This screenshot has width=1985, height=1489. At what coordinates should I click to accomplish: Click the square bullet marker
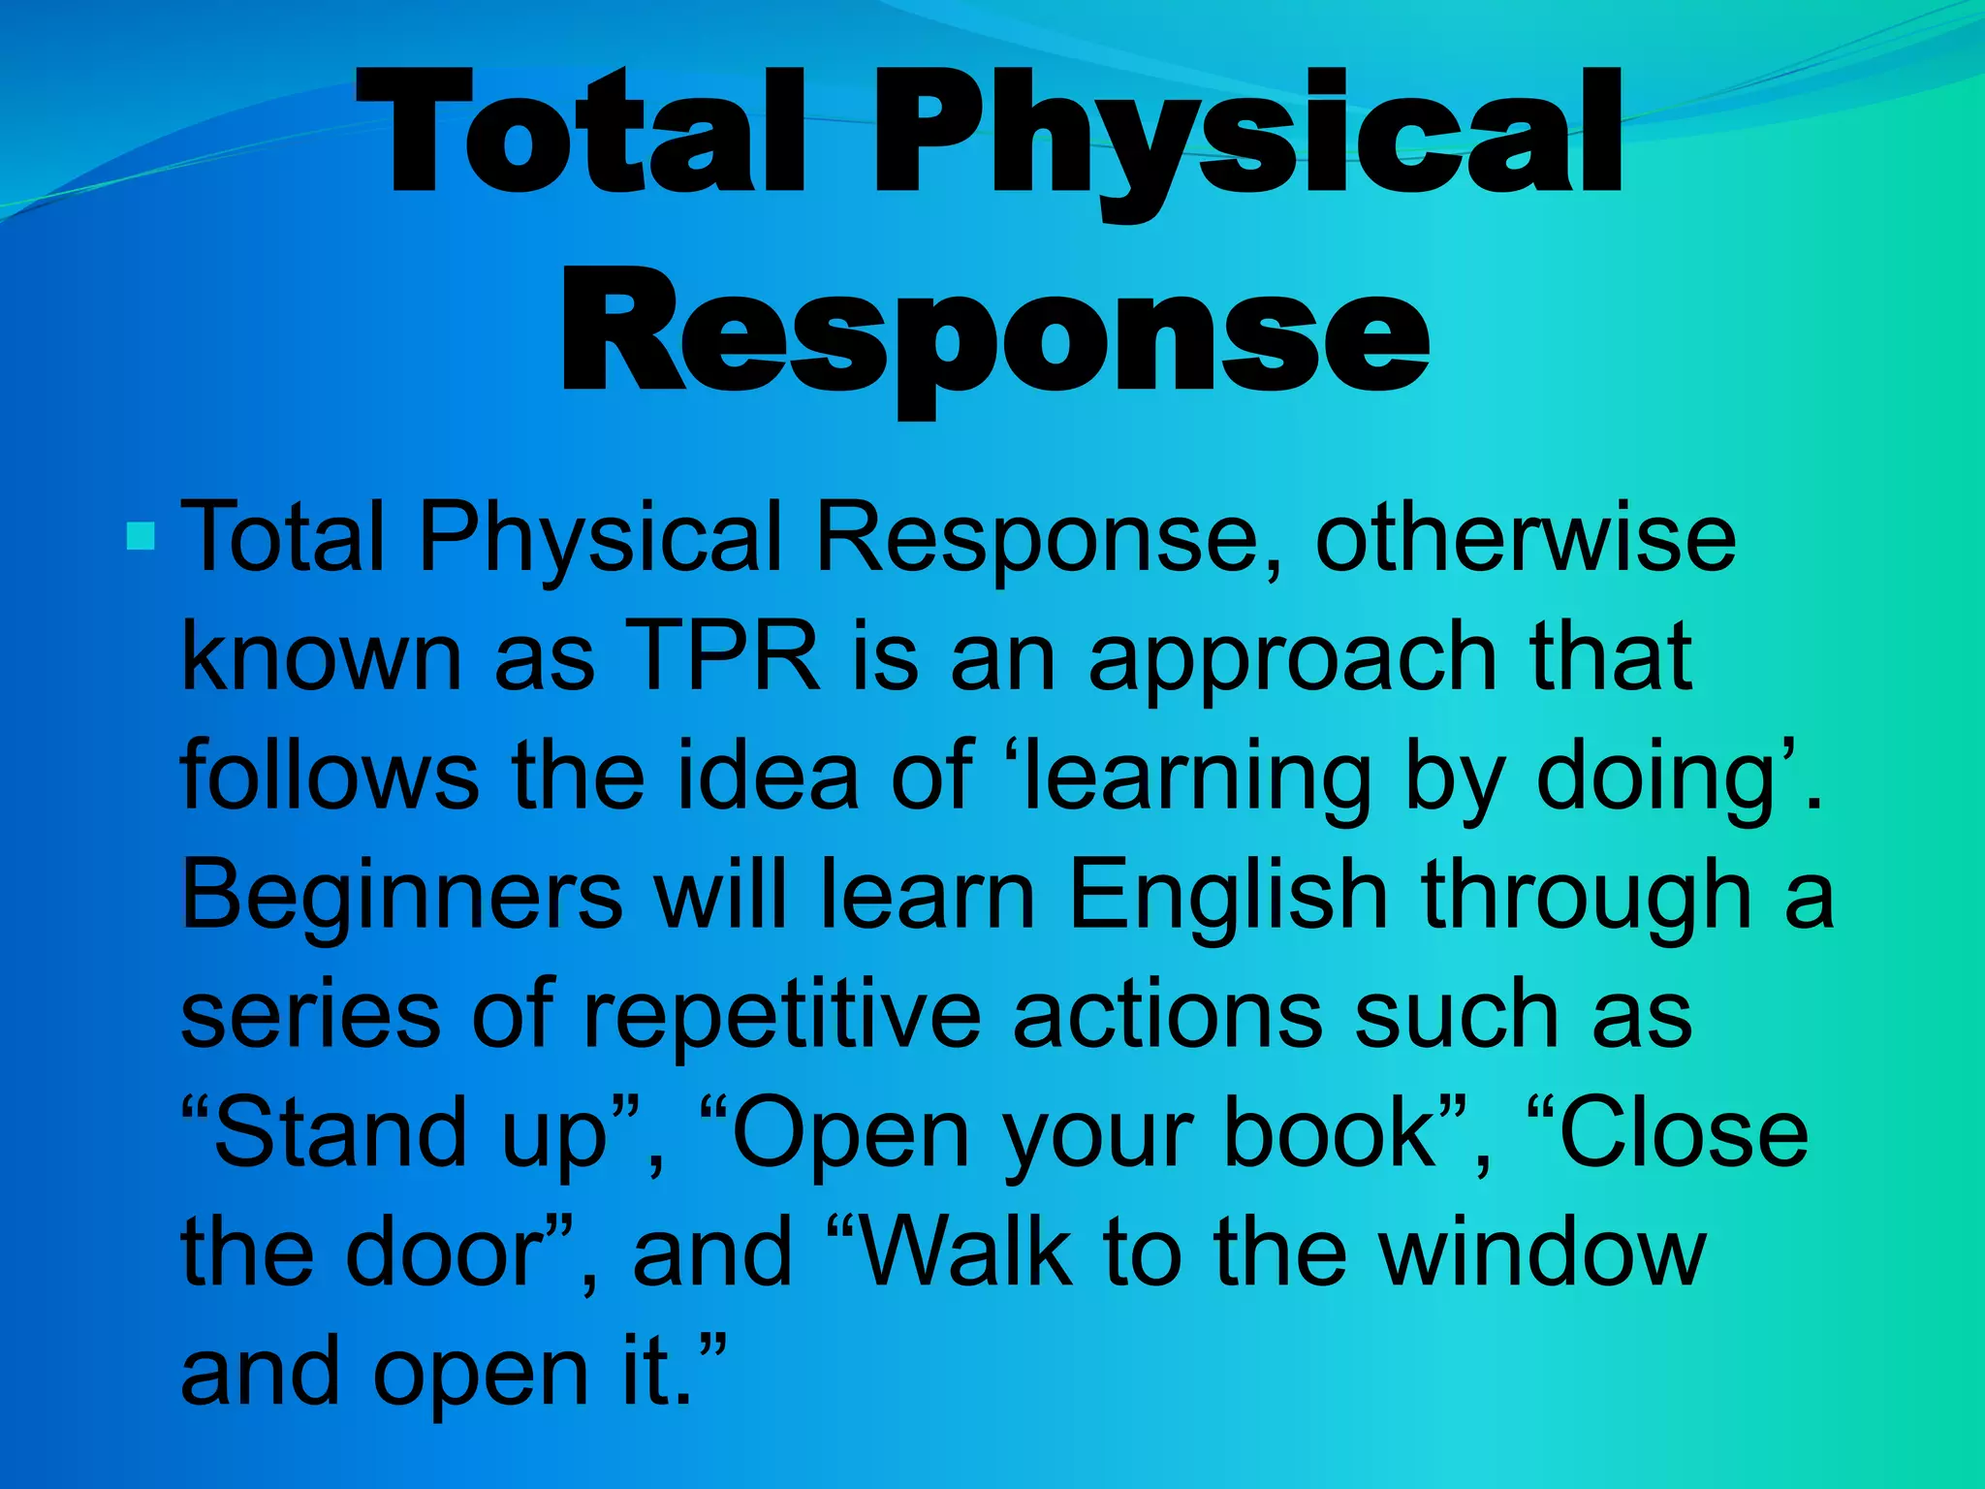pyautogui.click(x=142, y=536)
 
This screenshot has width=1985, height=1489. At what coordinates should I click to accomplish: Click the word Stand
pyautogui.click(x=339, y=1132)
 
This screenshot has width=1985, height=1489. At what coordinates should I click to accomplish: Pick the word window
pyautogui.click(x=1542, y=1251)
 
